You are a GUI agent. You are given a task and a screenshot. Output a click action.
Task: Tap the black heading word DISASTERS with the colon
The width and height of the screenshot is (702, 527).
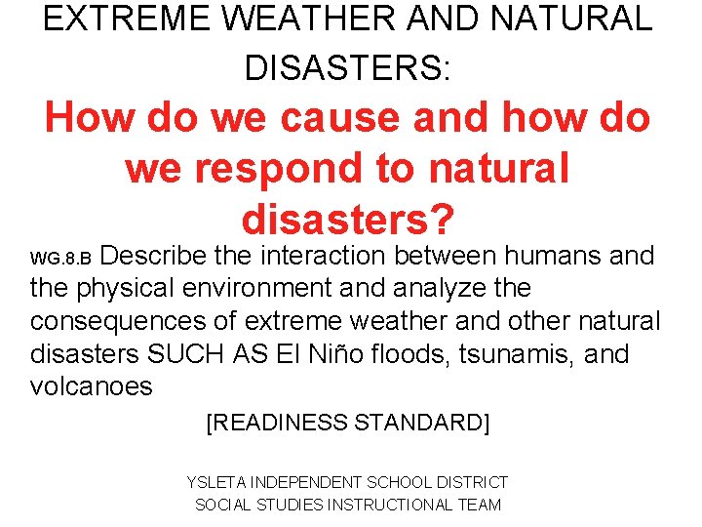pyautogui.click(x=348, y=67)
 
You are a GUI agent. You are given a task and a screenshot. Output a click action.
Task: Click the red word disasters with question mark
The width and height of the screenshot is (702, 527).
pyautogui.click(x=348, y=219)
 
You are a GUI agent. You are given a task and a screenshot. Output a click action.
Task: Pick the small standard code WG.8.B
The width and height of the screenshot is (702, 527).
pyautogui.click(x=60, y=260)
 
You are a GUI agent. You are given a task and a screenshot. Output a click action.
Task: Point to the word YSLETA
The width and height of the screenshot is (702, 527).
pyautogui.click(x=215, y=482)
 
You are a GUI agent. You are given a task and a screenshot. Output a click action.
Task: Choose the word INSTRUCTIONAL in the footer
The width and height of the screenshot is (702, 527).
pyautogui.click(x=390, y=505)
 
